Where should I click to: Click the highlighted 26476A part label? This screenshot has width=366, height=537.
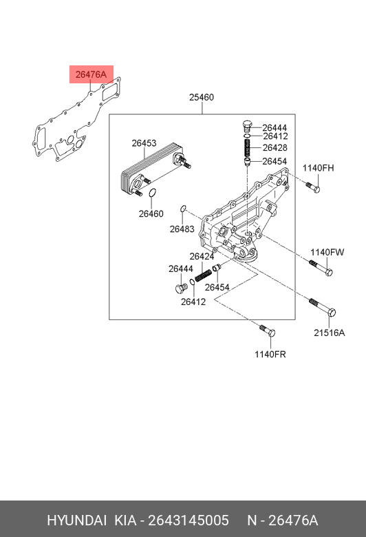pos(91,74)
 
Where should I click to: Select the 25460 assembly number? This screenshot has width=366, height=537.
pos(202,97)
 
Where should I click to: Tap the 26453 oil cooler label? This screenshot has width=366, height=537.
pos(144,143)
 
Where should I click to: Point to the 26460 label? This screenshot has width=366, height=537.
pos(151,213)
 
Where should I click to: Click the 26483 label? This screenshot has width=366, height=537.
pos(182,229)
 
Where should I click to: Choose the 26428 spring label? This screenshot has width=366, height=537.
pos(275,147)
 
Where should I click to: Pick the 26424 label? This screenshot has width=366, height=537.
pos(202,256)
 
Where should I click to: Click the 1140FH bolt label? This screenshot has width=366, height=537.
pos(318,168)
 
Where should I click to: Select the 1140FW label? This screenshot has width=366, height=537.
pos(327,253)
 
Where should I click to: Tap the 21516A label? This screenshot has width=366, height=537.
pos(330,333)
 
